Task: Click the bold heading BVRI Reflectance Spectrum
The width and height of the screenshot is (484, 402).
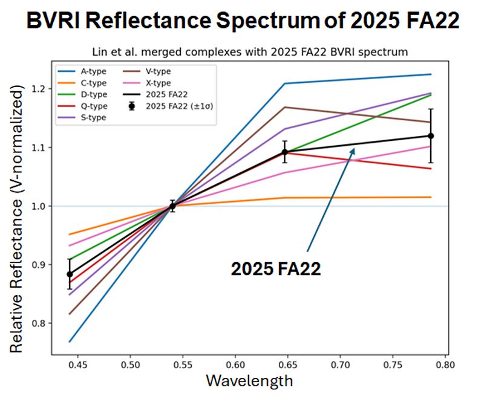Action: [x=242, y=22]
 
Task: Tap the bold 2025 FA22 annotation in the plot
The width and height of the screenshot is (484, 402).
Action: [x=275, y=269]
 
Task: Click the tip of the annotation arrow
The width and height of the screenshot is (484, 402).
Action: [x=354, y=149]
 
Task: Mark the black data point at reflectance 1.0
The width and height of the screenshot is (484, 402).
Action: [x=172, y=206]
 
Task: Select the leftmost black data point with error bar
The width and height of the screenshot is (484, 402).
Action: [x=70, y=274]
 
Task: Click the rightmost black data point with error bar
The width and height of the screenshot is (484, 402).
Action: [x=431, y=136]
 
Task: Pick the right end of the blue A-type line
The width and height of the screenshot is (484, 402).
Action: [x=431, y=74]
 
